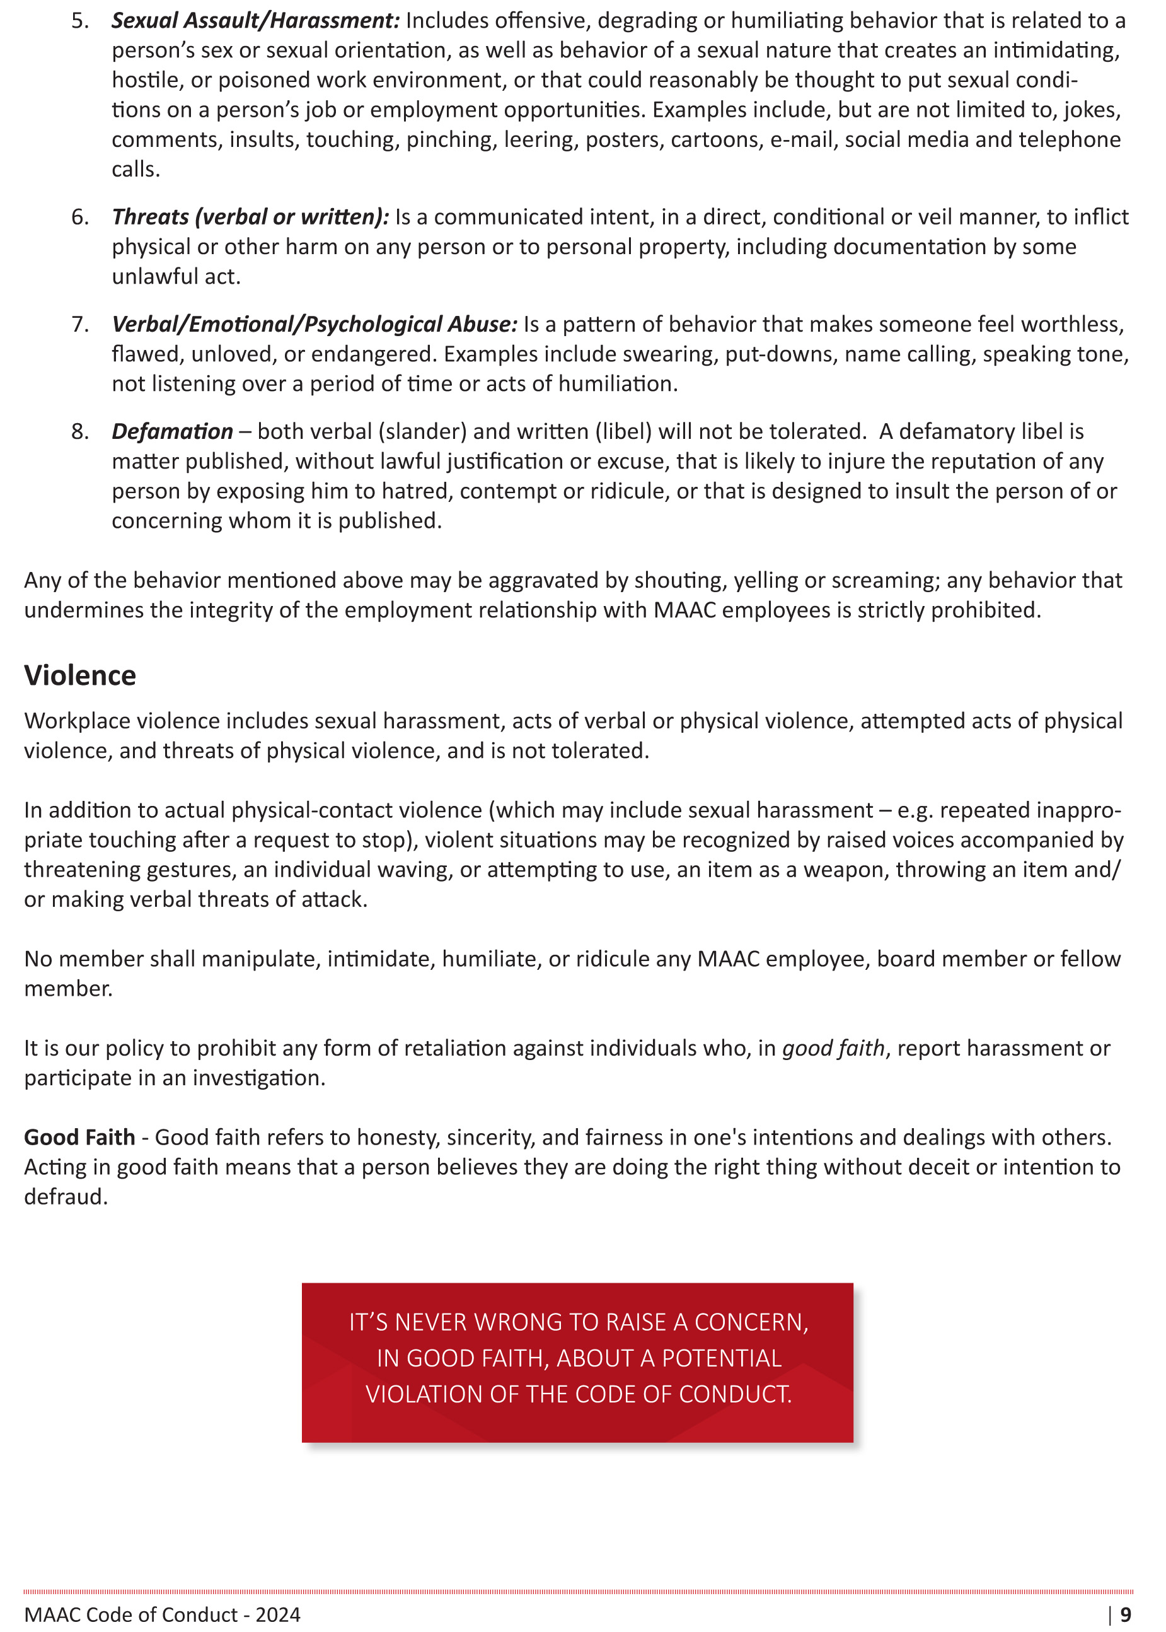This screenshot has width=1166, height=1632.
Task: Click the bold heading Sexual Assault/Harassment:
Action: click(x=255, y=21)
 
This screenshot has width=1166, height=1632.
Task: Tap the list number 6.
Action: click(x=79, y=217)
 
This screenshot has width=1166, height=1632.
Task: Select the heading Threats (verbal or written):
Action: click(x=250, y=217)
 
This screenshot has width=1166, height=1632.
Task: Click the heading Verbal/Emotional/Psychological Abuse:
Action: click(x=314, y=325)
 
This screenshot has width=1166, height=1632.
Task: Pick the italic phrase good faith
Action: click(x=833, y=1049)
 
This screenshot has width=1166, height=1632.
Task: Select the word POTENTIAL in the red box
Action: click(x=721, y=1358)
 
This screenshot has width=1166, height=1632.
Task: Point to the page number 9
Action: click(x=1125, y=1615)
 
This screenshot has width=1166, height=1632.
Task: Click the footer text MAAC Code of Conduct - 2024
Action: click(x=162, y=1615)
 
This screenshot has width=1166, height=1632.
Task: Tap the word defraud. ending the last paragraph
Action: click(x=66, y=1198)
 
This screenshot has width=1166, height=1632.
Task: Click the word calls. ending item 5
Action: click(x=136, y=170)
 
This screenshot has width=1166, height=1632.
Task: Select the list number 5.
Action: click(x=79, y=21)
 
